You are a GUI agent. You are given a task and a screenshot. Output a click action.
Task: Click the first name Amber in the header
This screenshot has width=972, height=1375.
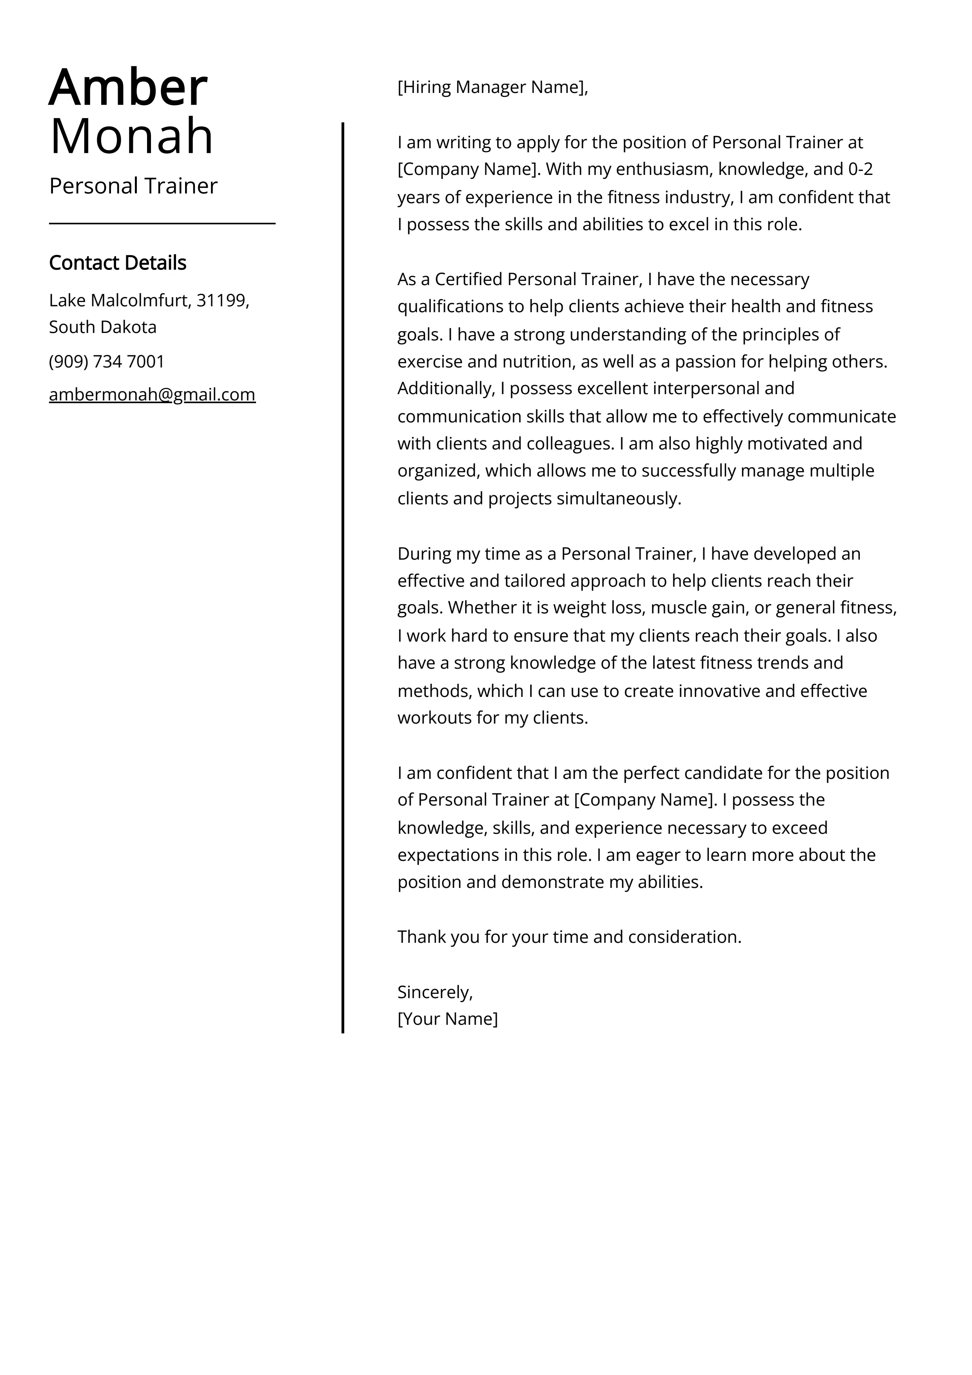[x=128, y=88]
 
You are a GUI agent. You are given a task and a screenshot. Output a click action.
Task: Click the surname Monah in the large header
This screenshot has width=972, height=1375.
[x=132, y=136]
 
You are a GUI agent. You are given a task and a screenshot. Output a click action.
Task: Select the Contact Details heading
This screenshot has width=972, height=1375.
[x=117, y=263]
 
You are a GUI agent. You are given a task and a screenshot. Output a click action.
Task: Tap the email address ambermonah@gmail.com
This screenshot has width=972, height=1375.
[x=152, y=395]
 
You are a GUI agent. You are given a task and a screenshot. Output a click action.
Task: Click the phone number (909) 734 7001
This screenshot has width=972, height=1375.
[x=107, y=362]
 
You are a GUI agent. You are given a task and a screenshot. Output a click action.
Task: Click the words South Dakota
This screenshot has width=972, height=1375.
[x=102, y=327]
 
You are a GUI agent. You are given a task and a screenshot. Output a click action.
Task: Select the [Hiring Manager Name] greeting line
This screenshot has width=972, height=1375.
[x=492, y=87]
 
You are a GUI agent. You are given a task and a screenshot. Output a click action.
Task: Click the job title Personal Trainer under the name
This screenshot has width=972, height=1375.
[x=133, y=186]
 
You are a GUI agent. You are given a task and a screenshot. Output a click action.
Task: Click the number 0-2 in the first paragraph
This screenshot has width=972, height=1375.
[x=861, y=169]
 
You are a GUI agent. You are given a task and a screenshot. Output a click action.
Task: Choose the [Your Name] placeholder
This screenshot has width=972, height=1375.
[x=447, y=1019]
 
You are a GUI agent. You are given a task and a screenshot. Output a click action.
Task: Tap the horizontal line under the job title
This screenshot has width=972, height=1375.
[x=162, y=224]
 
